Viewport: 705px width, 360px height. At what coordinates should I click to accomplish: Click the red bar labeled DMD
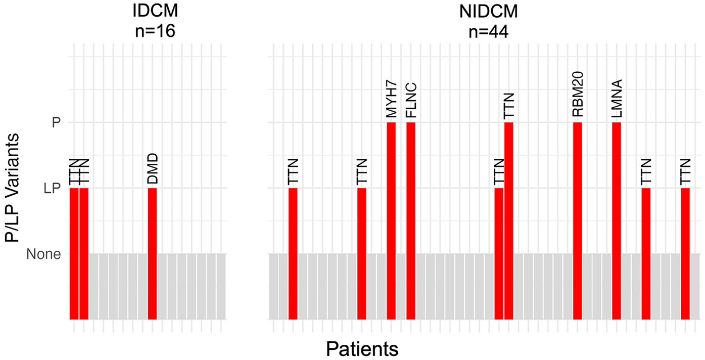152,253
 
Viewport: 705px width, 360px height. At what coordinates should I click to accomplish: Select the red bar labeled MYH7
391,220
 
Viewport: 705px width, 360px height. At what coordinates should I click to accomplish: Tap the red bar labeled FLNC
411,220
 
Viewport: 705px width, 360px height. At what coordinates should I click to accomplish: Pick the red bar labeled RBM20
578,220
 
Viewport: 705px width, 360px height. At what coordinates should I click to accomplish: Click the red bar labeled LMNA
617,220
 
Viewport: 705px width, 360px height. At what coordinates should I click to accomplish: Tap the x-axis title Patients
362,348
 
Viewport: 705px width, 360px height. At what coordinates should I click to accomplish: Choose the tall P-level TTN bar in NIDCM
509,220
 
